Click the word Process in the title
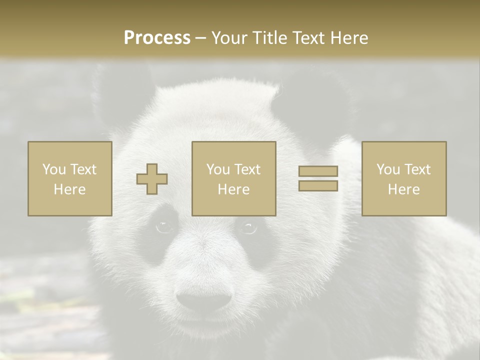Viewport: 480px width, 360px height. click(157, 38)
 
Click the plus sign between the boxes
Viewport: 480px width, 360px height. click(152, 179)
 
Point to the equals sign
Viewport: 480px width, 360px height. click(318, 179)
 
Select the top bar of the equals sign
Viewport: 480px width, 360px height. click(318, 171)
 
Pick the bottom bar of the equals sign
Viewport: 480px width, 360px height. click(318, 186)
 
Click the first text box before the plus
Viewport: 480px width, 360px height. click(69, 179)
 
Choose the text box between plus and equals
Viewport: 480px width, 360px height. click(233, 179)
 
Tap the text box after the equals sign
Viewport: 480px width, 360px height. click(403, 179)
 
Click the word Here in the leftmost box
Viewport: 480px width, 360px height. click(69, 189)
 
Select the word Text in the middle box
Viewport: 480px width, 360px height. click(247, 169)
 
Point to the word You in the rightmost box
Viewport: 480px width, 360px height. click(388, 169)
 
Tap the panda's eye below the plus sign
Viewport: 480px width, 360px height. click(163, 227)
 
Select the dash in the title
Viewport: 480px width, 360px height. click(200, 38)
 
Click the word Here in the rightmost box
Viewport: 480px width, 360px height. click(403, 189)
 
